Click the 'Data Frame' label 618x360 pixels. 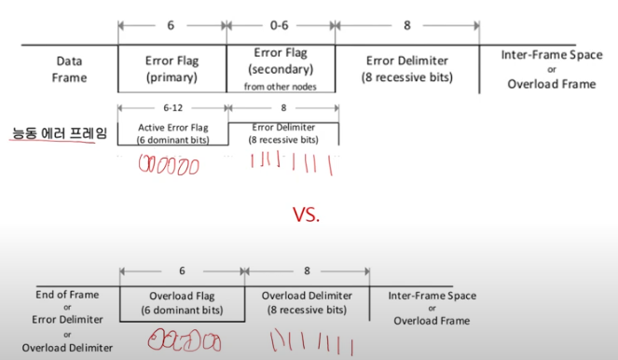tap(69, 69)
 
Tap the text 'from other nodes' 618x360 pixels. tap(281, 87)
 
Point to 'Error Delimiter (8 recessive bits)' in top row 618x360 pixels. tap(407, 69)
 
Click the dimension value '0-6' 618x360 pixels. tap(280, 25)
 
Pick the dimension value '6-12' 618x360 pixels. tap(173, 107)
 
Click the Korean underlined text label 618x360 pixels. tap(60, 132)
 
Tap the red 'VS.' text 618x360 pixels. tap(306, 215)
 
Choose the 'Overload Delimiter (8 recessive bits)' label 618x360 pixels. tap(307, 303)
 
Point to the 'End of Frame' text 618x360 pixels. tap(67, 295)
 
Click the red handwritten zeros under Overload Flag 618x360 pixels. tap(184, 340)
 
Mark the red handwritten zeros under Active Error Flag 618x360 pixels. tap(169, 164)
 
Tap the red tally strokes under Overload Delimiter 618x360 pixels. tap(311, 342)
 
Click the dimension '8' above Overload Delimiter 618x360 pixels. tap(307, 270)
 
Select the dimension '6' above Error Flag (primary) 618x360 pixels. tap(171, 25)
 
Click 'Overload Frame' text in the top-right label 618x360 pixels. tap(552, 84)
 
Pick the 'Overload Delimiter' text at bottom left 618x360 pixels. tap(67, 348)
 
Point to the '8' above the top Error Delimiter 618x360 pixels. tap(407, 25)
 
